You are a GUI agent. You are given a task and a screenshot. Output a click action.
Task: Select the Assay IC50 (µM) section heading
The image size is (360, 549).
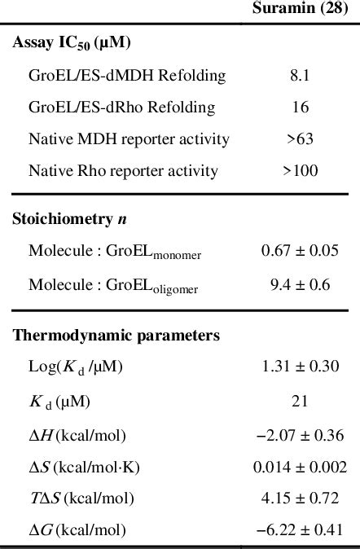(x=72, y=44)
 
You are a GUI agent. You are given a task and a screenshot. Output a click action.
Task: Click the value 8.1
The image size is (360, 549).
(x=299, y=76)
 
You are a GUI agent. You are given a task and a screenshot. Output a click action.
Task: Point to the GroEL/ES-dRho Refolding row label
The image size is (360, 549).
(x=121, y=108)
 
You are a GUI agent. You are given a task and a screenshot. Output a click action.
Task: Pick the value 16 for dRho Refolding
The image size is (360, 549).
(x=299, y=108)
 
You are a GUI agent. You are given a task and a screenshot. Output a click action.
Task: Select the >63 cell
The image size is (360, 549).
(x=299, y=139)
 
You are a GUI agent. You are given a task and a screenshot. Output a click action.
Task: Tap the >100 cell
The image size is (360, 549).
(x=299, y=171)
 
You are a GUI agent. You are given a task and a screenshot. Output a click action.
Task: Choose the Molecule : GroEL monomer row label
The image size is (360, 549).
(x=115, y=252)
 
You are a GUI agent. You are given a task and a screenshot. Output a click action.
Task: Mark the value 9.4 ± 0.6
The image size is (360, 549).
(x=299, y=284)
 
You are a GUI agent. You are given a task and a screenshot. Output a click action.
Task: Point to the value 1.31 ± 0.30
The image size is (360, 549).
(x=299, y=367)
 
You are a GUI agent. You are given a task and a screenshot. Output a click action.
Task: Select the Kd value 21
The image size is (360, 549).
(x=299, y=401)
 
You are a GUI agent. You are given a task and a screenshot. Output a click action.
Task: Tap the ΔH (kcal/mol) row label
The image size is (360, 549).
(x=77, y=434)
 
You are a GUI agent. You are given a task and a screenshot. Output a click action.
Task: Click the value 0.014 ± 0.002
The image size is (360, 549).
(x=299, y=466)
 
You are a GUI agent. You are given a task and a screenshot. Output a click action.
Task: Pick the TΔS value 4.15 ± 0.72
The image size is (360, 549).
(x=299, y=498)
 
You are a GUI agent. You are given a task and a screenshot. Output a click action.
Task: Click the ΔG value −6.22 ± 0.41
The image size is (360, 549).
(x=299, y=530)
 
